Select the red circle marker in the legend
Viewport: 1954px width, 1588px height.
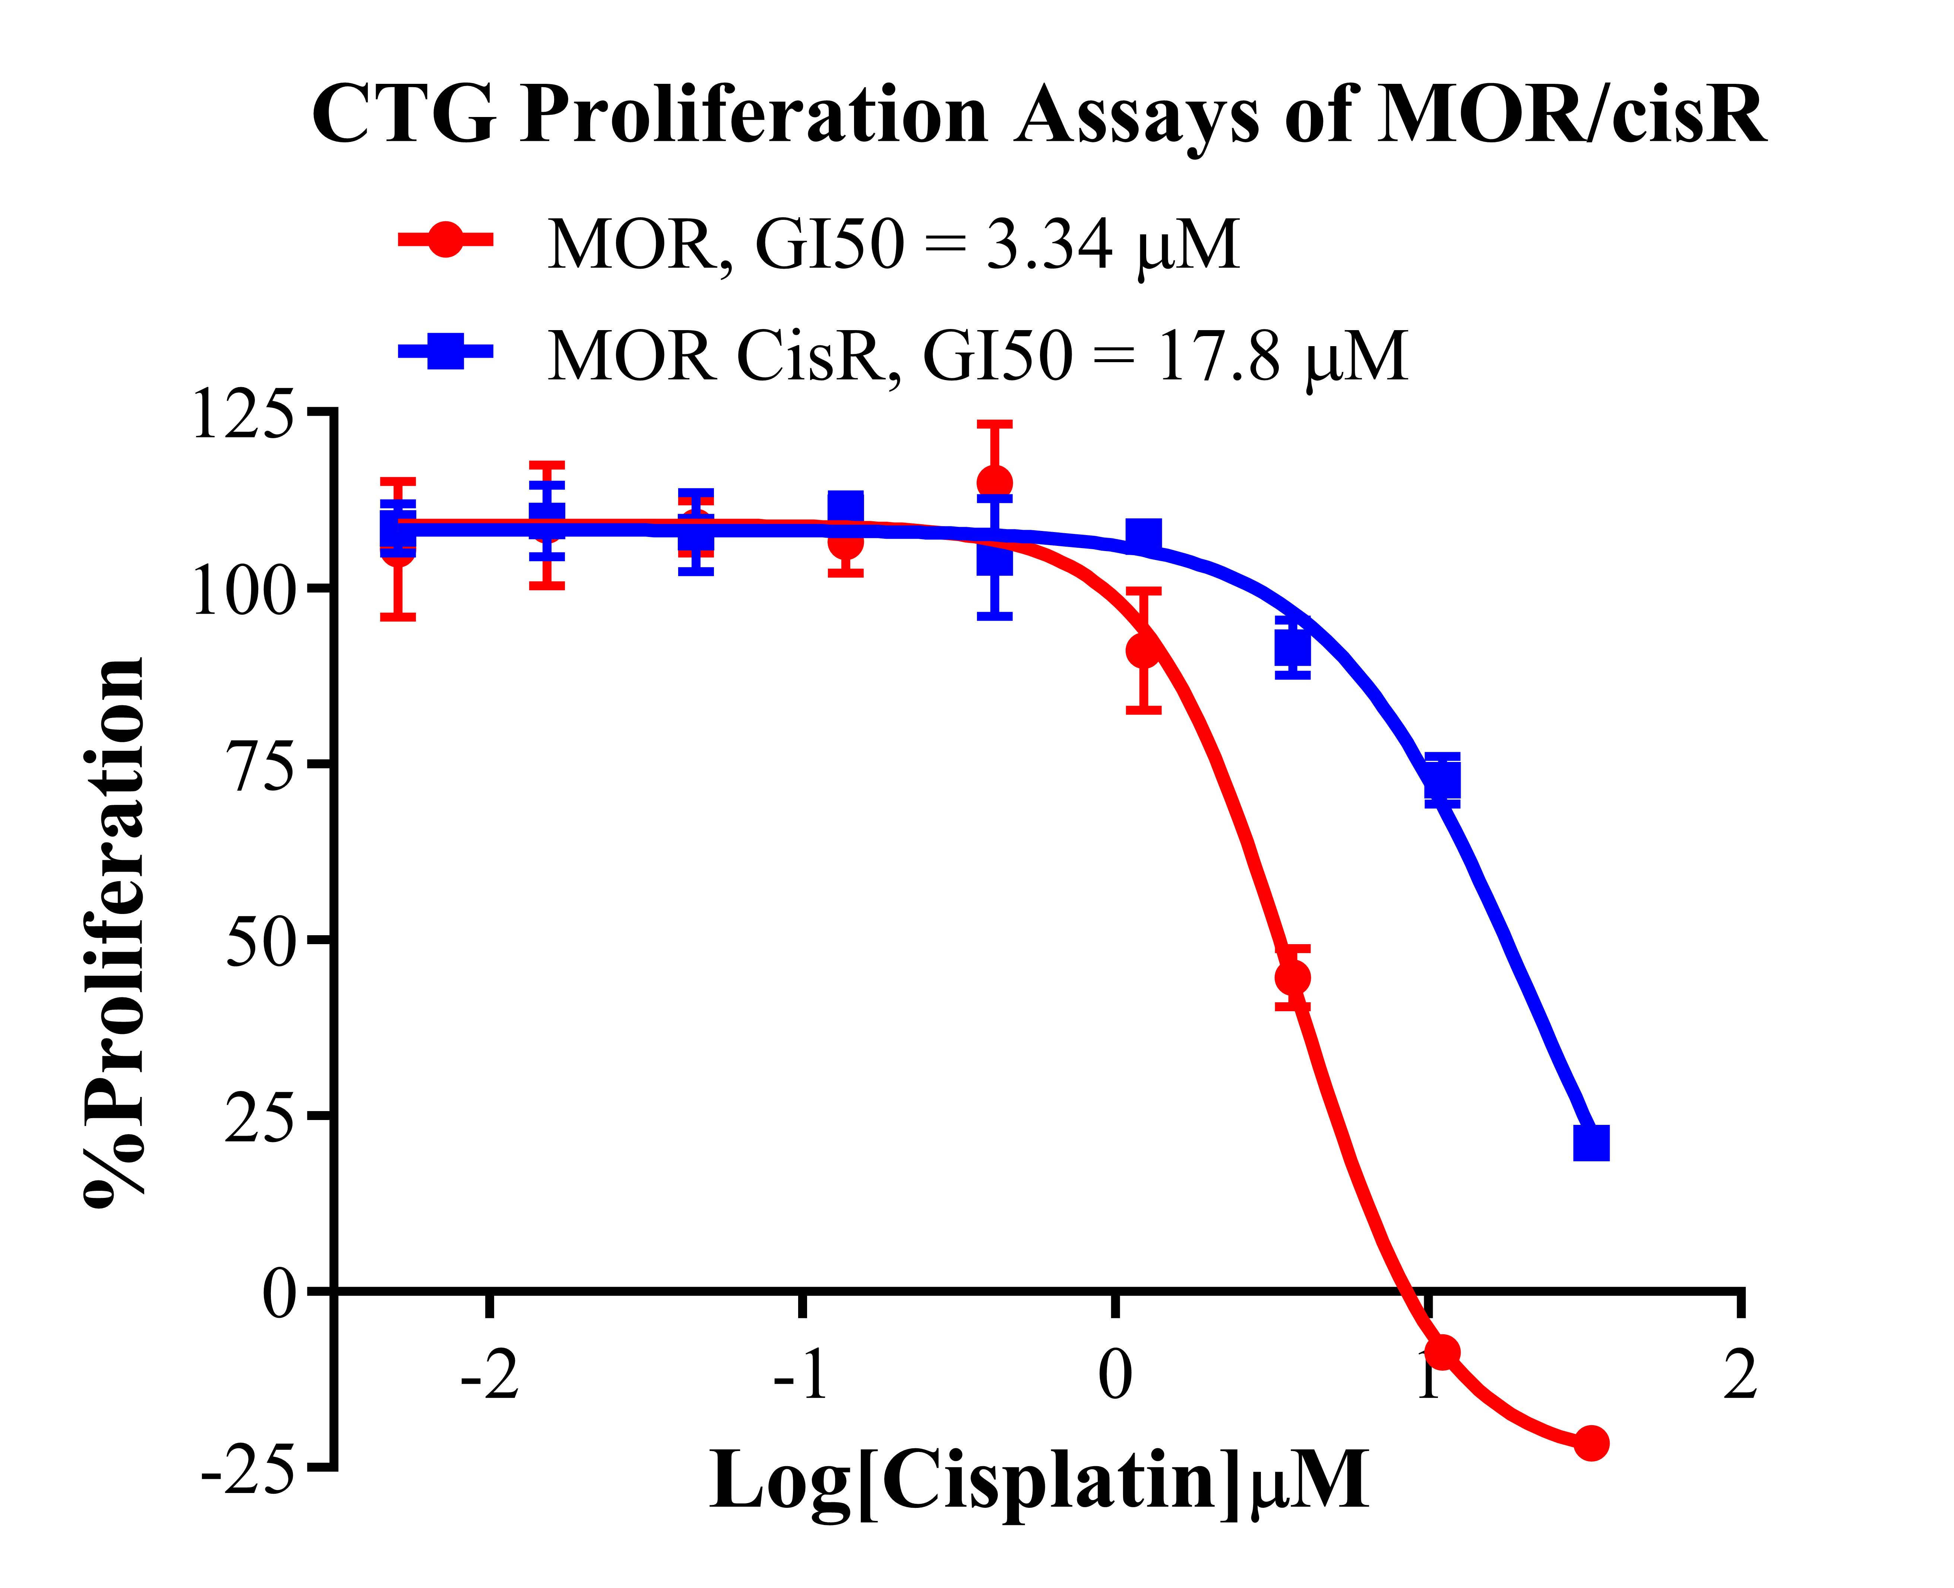click(x=446, y=241)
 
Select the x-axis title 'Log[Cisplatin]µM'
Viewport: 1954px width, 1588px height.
click(x=1038, y=1481)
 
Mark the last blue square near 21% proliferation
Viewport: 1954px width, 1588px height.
click(x=1591, y=1142)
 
